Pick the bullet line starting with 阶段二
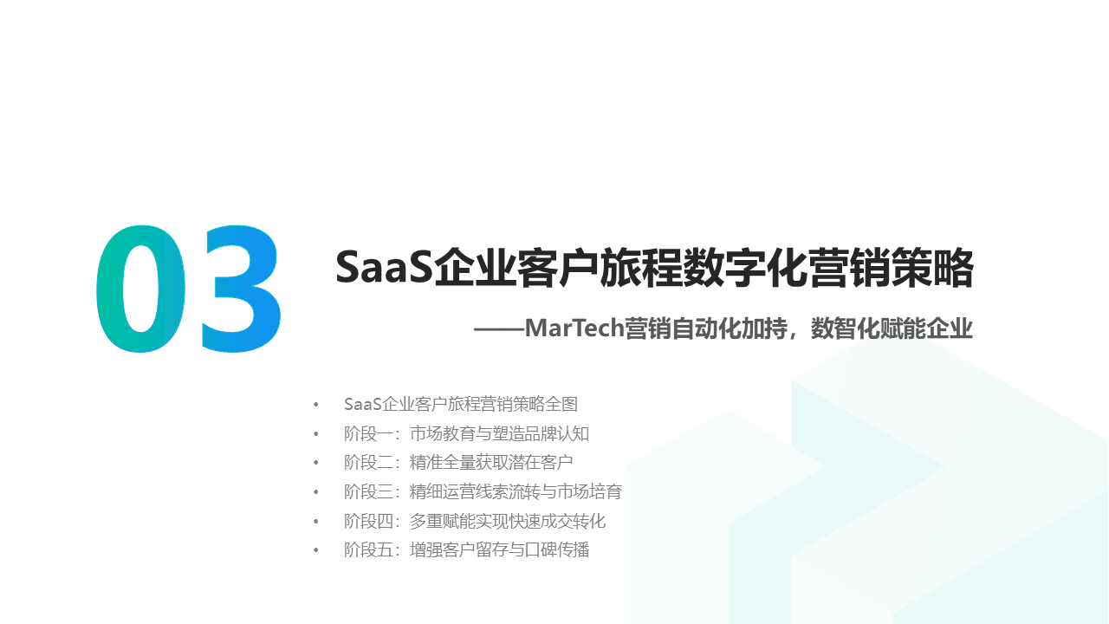coord(458,462)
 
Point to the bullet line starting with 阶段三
coord(483,491)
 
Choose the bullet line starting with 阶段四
coord(475,521)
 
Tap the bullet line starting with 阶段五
coord(466,549)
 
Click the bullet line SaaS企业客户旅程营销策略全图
coord(460,404)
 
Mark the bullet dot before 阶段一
coord(316,434)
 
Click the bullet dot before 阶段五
coord(316,550)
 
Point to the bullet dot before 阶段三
coord(316,492)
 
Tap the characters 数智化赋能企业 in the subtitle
coord(892,329)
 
